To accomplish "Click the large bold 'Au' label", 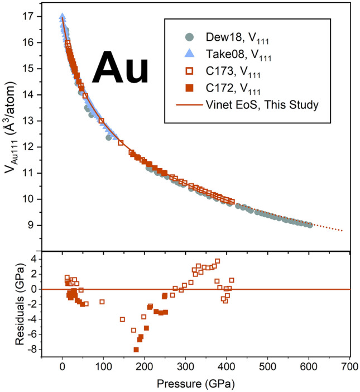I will pyautogui.click(x=121, y=71).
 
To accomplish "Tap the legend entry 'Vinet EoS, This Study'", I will pyautogui.click(x=254, y=104).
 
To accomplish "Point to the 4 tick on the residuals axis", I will pyautogui.click(x=30, y=259).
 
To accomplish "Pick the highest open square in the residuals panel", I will pyautogui.click(x=217, y=261).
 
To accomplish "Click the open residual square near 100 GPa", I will pyautogui.click(x=102, y=302).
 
